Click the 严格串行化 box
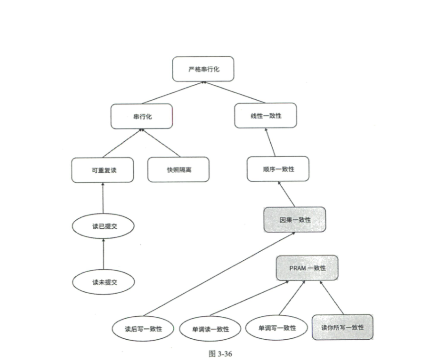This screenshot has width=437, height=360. pyautogui.click(x=203, y=69)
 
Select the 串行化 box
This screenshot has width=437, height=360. pyautogui.click(x=142, y=116)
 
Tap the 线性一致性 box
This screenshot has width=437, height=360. pyautogui.click(x=266, y=116)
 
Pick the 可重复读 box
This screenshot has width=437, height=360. pyautogui.click(x=103, y=170)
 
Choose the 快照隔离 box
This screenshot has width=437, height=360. pyautogui.click(x=178, y=169)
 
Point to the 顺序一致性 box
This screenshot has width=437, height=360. pyautogui.click(x=278, y=169)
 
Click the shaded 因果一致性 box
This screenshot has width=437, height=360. pyautogui.click(x=295, y=220)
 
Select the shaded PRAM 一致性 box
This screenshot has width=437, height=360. pyautogui.click(x=307, y=268)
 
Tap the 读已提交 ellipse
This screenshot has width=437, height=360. pyautogui.click(x=103, y=226)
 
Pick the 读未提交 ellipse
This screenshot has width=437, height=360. pyautogui.click(x=104, y=282)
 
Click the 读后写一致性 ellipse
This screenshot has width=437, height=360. pyautogui.click(x=143, y=329)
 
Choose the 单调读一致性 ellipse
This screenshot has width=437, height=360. pyautogui.click(x=210, y=329)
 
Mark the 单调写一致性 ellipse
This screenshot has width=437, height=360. pyautogui.click(x=276, y=328)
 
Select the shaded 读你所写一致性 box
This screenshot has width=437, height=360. pyautogui.click(x=342, y=327)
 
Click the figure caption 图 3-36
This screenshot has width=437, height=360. pyautogui.click(x=220, y=353)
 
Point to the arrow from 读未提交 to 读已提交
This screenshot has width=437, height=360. pyautogui.click(x=104, y=254)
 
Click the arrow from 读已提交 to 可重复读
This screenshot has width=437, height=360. pyautogui.click(x=103, y=198)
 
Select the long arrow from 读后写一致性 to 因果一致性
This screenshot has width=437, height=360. pyautogui.click(x=219, y=274)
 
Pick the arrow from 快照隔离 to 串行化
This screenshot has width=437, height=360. pyautogui.click(x=161, y=143)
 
